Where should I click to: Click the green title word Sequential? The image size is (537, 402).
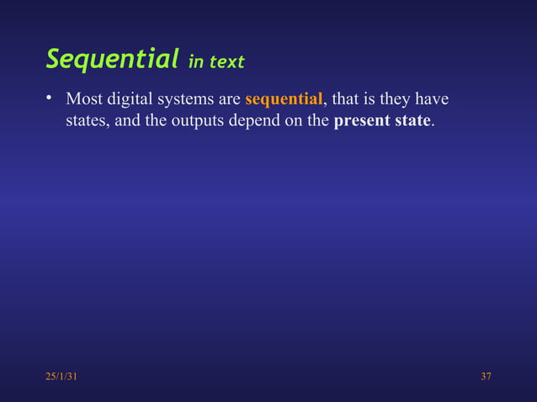[112, 59]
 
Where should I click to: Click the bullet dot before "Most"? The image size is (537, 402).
[50, 99]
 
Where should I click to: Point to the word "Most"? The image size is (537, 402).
[84, 101]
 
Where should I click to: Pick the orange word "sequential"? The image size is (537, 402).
[284, 101]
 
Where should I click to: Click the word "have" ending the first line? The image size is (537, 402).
[433, 101]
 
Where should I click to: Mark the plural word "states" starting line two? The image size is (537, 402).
[87, 121]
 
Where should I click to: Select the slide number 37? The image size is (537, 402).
[486, 376]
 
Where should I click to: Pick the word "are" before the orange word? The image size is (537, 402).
[229, 101]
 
